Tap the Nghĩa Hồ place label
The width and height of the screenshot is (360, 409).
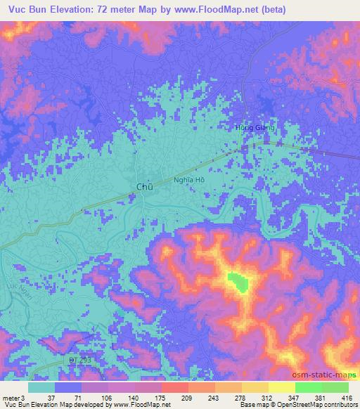[x=188, y=181]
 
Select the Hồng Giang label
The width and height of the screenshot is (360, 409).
[x=254, y=128]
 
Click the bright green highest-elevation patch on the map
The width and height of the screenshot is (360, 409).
[x=240, y=283]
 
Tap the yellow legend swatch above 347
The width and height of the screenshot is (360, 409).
[x=281, y=387]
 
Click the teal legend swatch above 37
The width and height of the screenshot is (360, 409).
[x=41, y=387]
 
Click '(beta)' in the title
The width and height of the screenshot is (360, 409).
[x=336, y=9]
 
